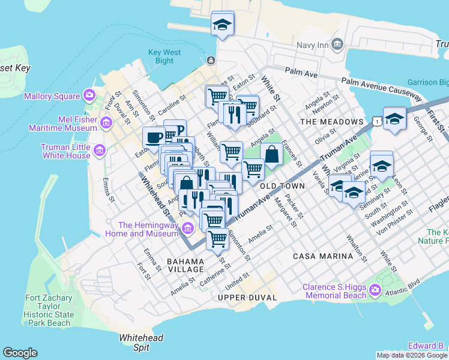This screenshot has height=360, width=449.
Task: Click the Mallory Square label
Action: pos(52,96)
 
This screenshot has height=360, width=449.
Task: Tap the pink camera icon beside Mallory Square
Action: pos(89,95)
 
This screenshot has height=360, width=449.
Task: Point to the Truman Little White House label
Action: pos(65,151)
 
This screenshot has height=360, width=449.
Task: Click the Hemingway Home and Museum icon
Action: pos(187,229)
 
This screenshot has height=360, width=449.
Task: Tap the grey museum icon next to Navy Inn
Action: pos(337,45)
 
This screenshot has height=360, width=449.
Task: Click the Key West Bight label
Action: pos(164,56)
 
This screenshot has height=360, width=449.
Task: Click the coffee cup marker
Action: pos(154,137)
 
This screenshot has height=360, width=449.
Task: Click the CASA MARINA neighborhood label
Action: pos(323,256)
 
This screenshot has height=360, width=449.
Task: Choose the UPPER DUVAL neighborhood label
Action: pos(247,298)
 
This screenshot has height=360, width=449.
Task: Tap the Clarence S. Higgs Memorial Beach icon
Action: pos(375,291)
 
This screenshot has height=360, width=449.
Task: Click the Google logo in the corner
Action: pos(20,353)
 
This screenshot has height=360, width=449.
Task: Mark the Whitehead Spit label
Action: pos(141,343)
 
